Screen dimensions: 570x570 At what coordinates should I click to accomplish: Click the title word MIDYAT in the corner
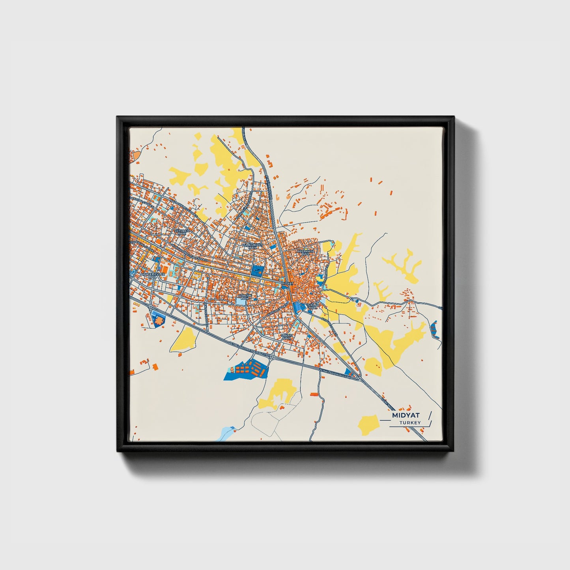point(406,415)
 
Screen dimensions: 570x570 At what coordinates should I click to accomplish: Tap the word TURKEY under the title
point(410,423)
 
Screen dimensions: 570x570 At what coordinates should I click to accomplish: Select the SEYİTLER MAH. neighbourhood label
point(182,232)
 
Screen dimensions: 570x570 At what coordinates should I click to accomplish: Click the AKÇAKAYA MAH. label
point(306,252)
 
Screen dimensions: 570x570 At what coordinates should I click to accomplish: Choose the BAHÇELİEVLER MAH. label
point(153,275)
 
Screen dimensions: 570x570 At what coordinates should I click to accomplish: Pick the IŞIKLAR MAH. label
point(312,307)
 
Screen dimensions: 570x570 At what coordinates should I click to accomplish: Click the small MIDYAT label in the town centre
point(288,283)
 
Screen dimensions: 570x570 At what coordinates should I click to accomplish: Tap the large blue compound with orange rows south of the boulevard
point(245,370)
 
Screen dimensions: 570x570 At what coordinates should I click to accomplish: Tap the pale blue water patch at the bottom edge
point(227,434)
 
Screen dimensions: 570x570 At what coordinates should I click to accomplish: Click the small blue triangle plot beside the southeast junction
point(349,372)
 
